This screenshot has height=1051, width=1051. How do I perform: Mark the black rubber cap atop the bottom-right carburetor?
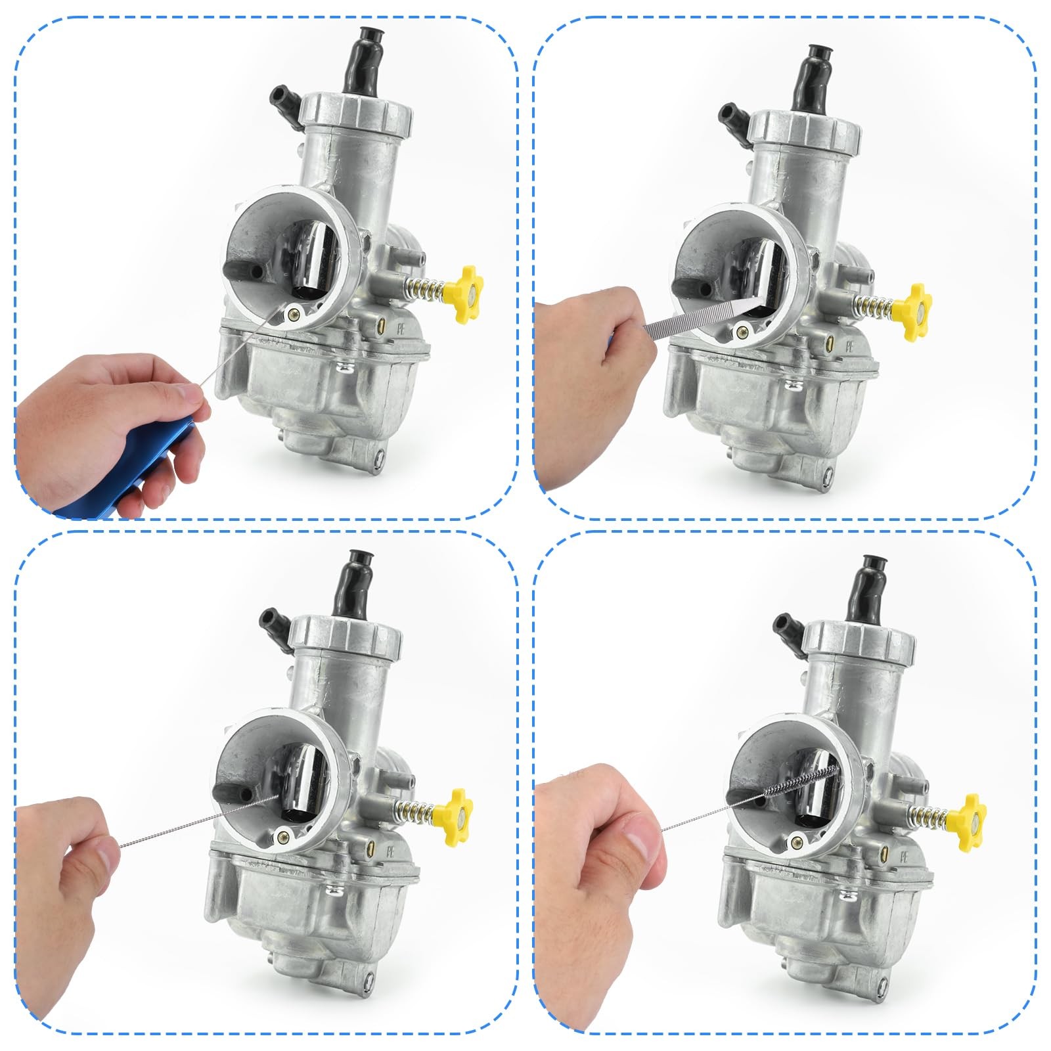tap(868, 585)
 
